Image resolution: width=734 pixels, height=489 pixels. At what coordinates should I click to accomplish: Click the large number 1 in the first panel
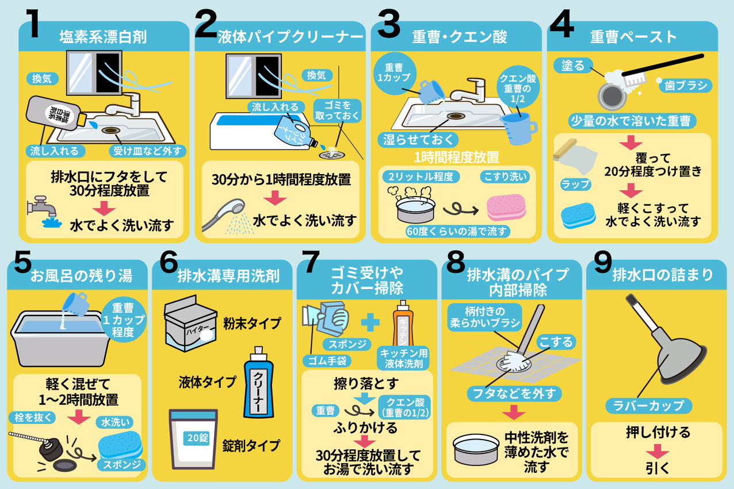[x=33, y=23]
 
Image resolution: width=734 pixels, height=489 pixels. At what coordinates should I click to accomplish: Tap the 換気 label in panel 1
[x=42, y=79]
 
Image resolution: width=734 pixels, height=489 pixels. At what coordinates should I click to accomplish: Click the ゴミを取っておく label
[x=338, y=111]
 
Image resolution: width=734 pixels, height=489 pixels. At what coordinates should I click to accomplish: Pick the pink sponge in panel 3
[x=506, y=207]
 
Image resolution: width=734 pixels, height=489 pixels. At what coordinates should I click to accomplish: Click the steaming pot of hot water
[x=415, y=205]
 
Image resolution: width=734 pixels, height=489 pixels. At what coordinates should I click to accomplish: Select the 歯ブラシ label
[x=686, y=86]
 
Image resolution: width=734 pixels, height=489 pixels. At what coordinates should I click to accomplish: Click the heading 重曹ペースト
[x=633, y=37]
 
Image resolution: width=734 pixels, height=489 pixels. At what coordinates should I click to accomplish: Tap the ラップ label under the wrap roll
[x=576, y=184]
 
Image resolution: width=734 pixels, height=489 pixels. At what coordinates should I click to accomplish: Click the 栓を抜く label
[x=32, y=418]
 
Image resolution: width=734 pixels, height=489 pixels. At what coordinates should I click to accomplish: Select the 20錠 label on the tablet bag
[x=197, y=438]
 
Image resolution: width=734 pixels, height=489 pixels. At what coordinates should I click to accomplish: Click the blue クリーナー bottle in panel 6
[x=258, y=382]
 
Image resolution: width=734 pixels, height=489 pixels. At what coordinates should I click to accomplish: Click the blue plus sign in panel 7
[x=370, y=323]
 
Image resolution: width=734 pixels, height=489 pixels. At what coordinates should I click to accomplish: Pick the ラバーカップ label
[x=648, y=406]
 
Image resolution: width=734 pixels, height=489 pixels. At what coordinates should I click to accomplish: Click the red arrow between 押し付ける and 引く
[x=657, y=451]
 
